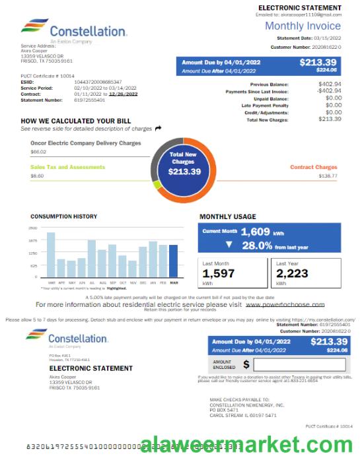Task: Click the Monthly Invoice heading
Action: [x=303, y=26]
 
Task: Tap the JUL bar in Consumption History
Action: [x=92, y=258]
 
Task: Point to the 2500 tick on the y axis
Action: [x=33, y=228]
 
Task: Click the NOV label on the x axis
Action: [x=133, y=282]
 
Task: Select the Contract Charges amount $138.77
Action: [x=328, y=176]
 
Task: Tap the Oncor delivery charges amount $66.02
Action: [x=38, y=152]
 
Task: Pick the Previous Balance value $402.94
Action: [x=330, y=84]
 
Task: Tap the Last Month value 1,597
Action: [x=219, y=273]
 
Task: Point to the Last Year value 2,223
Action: [x=293, y=273]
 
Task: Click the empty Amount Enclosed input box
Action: [x=299, y=364]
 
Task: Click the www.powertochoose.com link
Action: [x=285, y=304]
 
